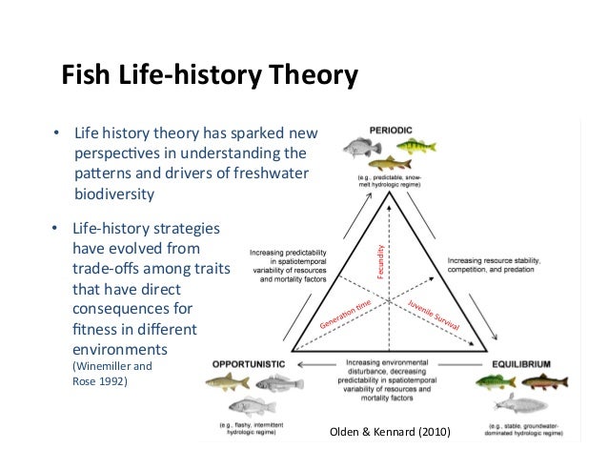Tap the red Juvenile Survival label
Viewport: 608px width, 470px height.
[434, 315]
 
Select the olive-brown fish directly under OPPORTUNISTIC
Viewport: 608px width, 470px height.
[227, 383]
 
